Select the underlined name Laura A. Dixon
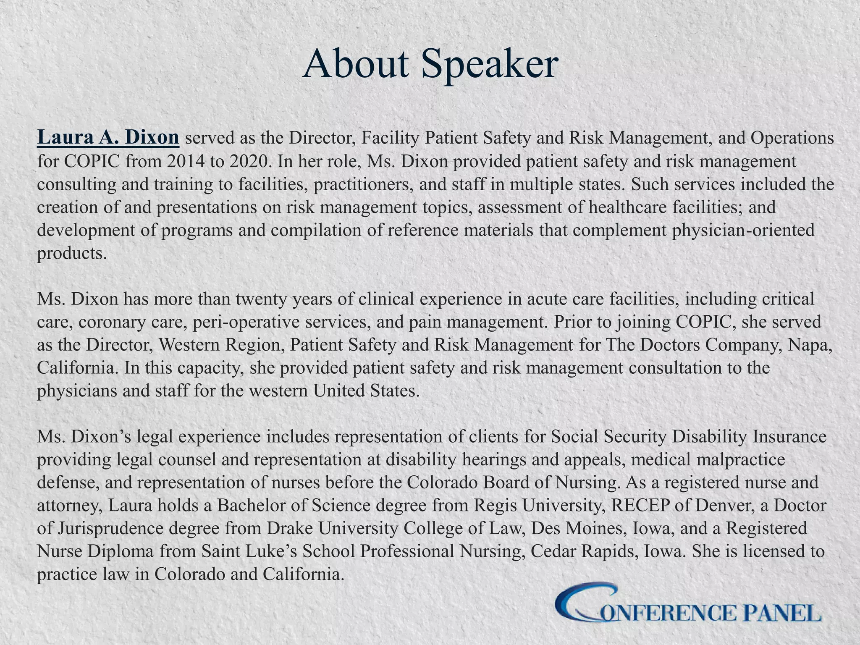click(108, 138)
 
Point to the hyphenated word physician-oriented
click(743, 230)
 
